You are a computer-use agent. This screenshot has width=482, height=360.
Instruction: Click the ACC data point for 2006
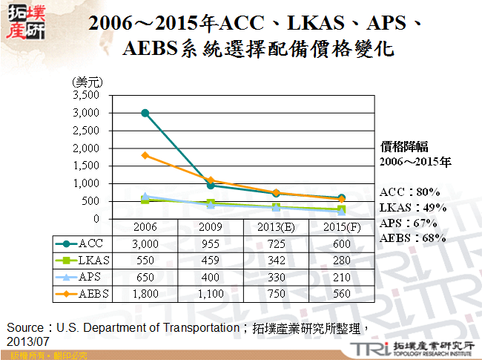pos(145,113)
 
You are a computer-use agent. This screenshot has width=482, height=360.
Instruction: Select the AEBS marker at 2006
pos(145,155)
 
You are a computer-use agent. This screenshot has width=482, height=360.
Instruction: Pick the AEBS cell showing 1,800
pos(145,293)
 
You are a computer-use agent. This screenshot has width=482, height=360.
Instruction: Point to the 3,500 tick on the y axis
pos(86,95)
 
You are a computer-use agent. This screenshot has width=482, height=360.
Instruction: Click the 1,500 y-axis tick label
pos(86,166)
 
